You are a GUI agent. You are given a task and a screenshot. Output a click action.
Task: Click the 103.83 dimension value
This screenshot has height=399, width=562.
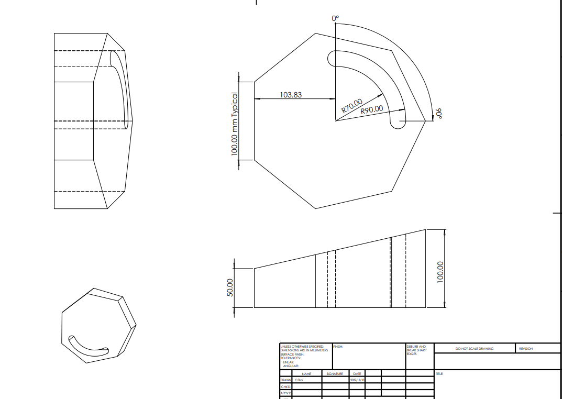[291, 95]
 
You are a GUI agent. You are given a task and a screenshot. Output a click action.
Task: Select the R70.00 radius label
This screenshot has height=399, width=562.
[352, 106]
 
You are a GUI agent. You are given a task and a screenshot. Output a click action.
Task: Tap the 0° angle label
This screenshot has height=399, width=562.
[336, 19]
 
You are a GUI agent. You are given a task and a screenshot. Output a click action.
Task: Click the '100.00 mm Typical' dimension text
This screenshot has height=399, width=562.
[235, 124]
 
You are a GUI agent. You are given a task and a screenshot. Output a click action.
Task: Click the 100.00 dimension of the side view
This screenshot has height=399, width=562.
[440, 272]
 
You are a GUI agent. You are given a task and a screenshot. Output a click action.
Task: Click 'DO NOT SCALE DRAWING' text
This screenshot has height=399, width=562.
[474, 349]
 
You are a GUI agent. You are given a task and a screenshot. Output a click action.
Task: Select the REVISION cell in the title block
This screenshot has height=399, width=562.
[525, 349]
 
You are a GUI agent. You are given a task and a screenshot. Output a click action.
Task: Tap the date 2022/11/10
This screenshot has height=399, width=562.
[357, 380]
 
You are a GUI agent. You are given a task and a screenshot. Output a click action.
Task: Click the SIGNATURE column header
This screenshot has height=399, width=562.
[335, 373]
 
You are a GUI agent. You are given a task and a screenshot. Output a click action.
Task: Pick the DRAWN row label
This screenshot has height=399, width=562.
[285, 380]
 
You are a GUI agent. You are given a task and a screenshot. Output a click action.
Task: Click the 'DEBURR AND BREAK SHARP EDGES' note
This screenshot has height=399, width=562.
[416, 350]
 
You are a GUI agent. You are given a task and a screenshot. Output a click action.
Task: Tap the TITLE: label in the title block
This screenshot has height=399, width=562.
[439, 373]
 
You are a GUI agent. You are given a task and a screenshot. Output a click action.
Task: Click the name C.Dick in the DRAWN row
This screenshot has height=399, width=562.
[299, 380]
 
